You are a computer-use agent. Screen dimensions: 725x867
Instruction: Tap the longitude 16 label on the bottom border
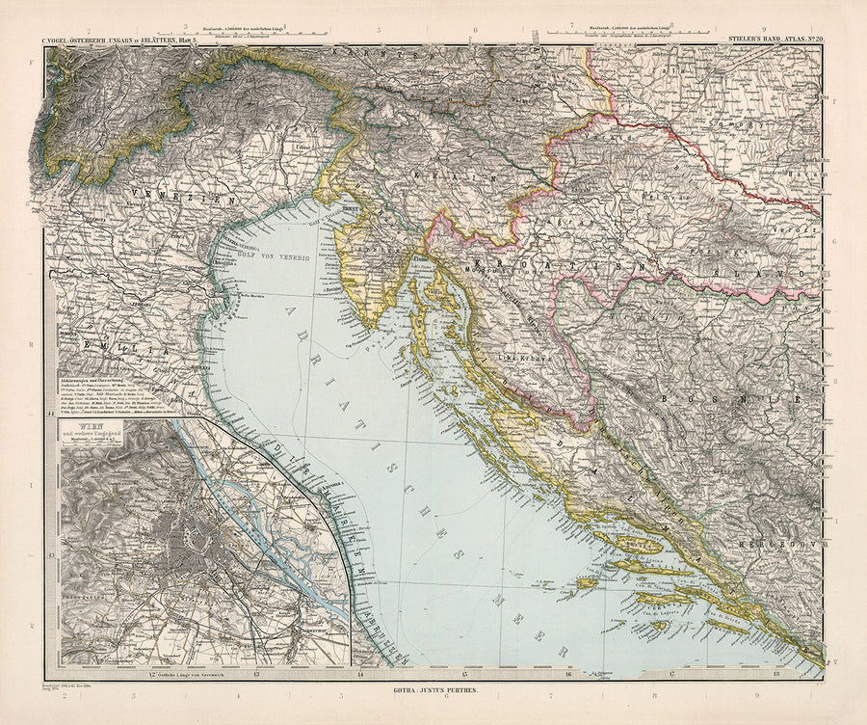coord(567,674)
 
